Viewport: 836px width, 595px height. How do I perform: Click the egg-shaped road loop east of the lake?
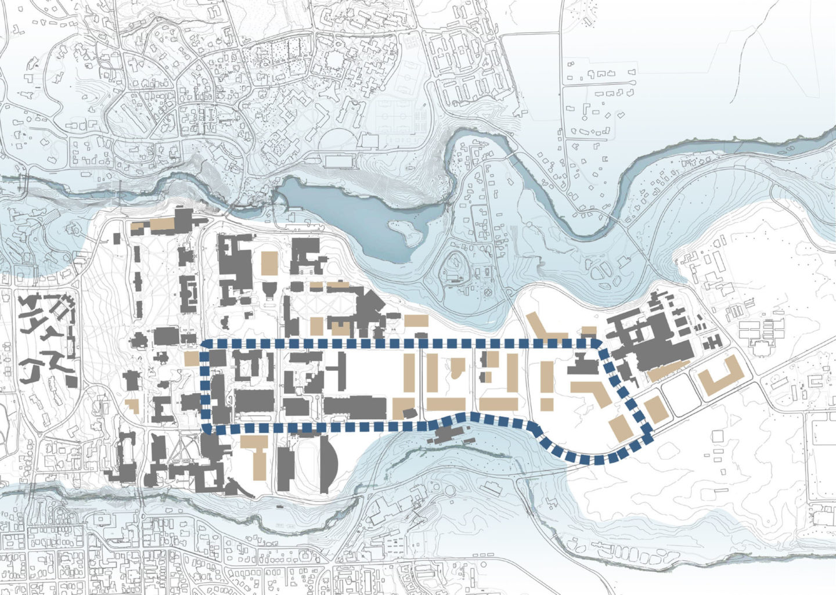(x=455, y=270)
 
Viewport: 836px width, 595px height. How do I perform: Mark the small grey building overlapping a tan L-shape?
(x=409, y=413)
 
